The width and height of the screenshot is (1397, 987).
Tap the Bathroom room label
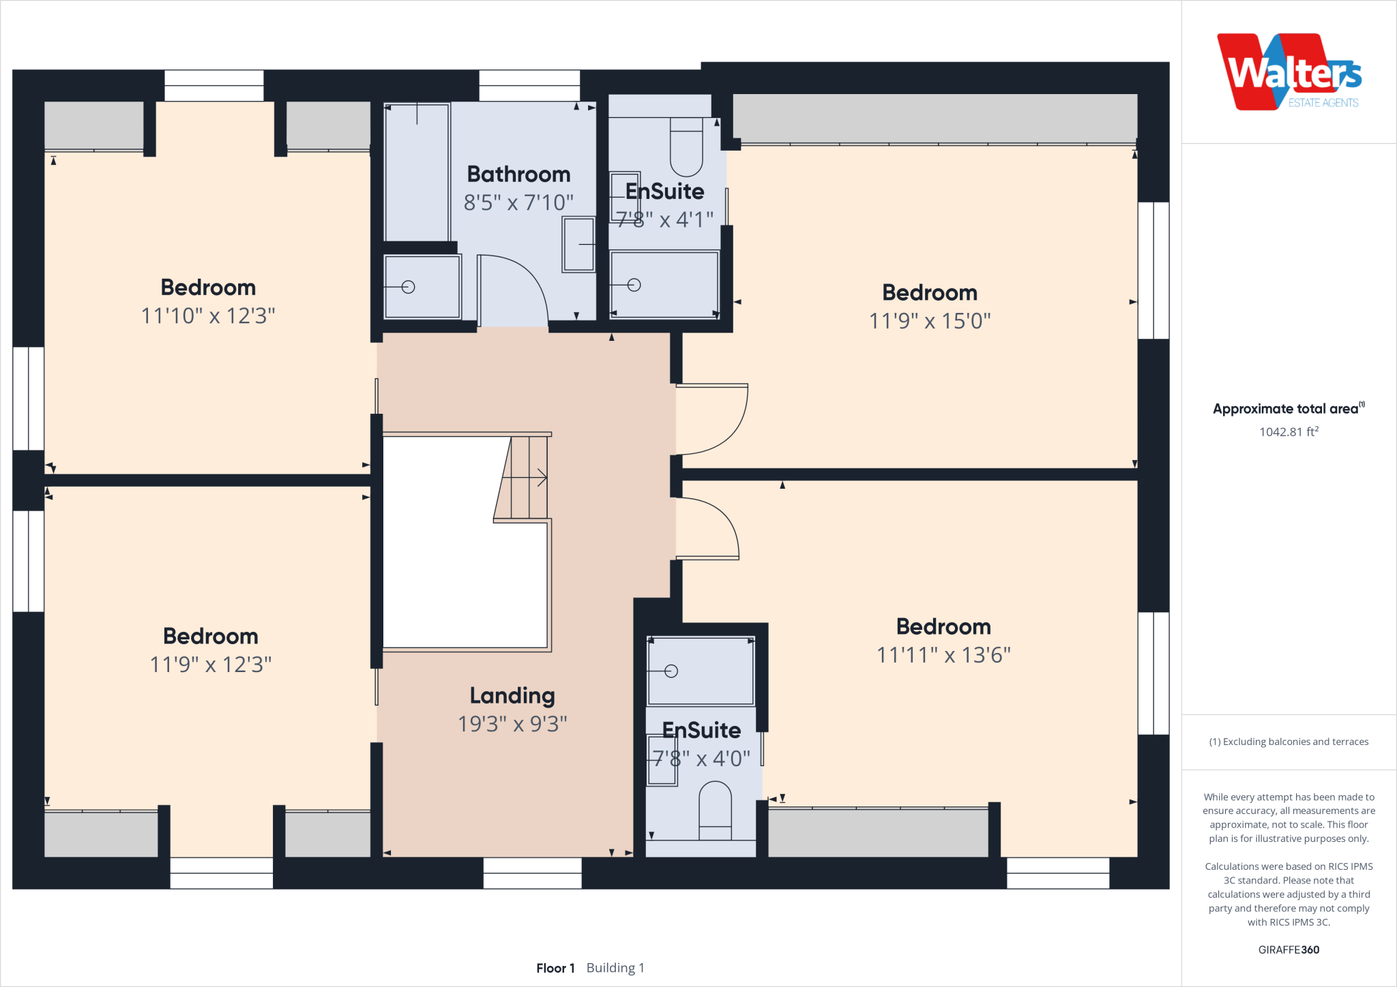[518, 174]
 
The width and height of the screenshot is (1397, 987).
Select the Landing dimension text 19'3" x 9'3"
[512, 724]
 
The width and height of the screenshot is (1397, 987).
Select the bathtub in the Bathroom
[417, 172]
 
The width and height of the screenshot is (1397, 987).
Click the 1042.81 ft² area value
[1289, 432]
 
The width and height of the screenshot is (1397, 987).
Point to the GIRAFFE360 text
[1289, 950]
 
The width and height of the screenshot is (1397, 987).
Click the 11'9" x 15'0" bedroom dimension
[929, 321]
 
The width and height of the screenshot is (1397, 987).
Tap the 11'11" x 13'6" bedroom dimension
[943, 655]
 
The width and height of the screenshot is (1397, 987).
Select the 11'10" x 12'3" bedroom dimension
[208, 316]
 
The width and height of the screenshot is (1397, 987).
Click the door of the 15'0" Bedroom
[716, 419]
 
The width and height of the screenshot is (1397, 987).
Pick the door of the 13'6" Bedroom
[709, 528]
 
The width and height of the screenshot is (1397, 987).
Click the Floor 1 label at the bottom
[555, 968]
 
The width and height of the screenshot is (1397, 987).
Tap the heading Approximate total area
[1286, 409]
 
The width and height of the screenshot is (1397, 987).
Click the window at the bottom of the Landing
[532, 873]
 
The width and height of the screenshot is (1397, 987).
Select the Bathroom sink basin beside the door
[578, 245]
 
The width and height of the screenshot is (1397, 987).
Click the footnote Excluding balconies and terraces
[1289, 742]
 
